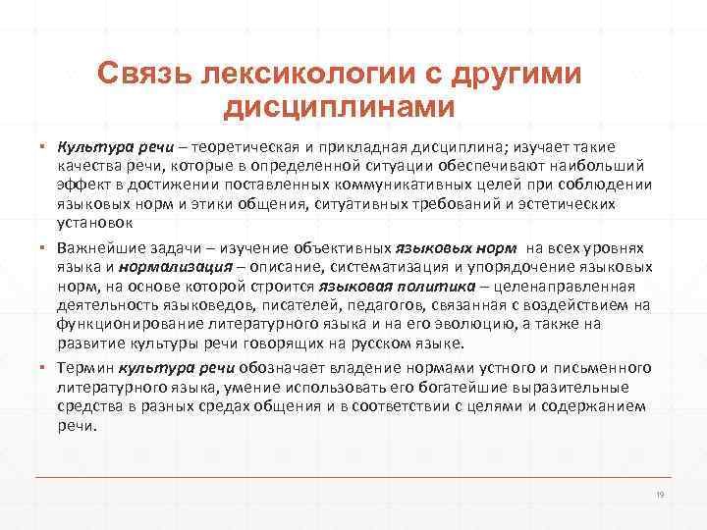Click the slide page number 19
click(660, 495)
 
